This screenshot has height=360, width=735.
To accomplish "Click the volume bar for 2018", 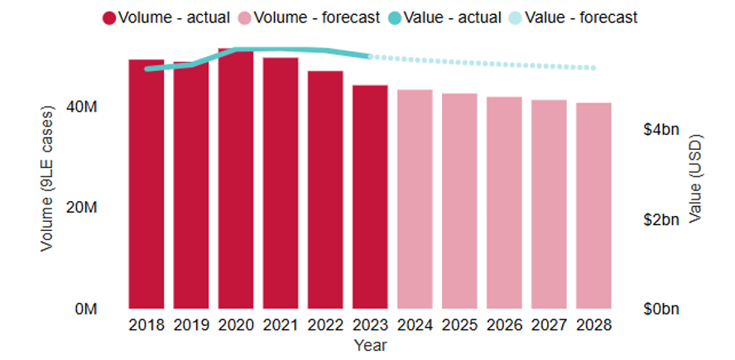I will click(x=147, y=184).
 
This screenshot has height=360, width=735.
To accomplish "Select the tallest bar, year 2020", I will click(x=236, y=178).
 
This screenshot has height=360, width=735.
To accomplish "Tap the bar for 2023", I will click(x=370, y=196).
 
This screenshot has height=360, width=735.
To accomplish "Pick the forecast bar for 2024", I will click(x=415, y=199).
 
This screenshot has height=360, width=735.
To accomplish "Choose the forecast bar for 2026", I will click(x=504, y=203).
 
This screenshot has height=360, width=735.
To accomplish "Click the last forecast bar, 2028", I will click(x=593, y=205).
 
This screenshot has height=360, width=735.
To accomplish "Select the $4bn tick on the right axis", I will click(x=662, y=130).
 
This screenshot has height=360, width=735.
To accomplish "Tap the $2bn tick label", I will click(x=662, y=219).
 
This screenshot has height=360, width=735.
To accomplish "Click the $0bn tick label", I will click(x=662, y=309).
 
